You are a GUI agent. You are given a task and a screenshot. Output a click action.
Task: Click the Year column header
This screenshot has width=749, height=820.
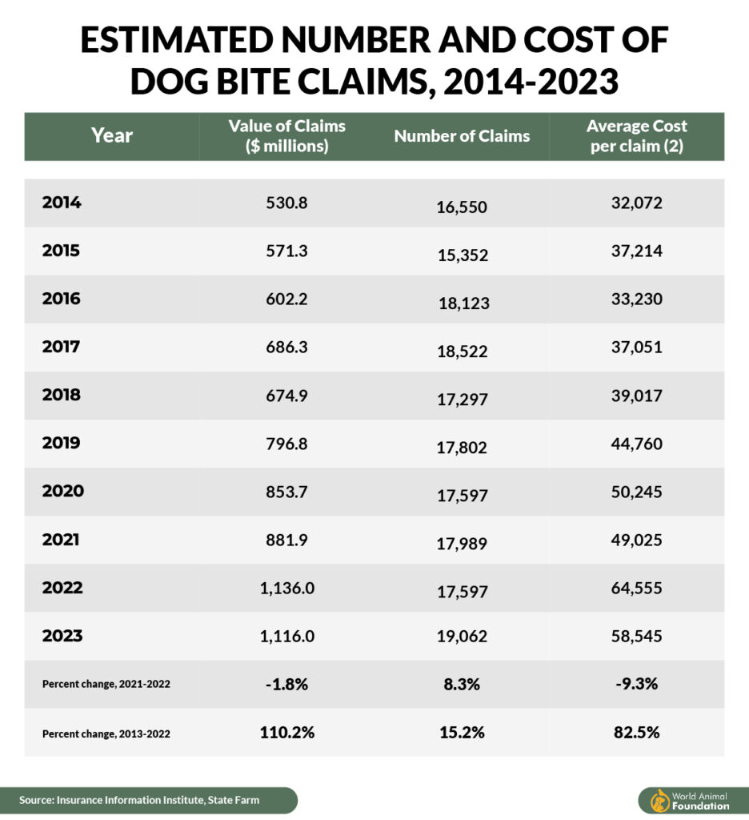coord(112,135)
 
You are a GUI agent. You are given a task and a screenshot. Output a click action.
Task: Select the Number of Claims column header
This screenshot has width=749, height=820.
coord(462,136)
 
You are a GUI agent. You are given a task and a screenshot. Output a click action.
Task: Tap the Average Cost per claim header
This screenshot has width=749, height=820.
coord(636,136)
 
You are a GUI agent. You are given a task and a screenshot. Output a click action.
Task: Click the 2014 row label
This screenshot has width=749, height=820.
coord(62,203)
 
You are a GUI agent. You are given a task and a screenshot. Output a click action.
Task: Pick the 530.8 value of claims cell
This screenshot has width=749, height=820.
coord(286,203)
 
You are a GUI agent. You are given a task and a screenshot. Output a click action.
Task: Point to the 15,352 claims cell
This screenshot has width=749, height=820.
coord(462,255)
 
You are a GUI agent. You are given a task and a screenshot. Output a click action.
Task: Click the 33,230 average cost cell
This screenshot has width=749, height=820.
coord(636,299)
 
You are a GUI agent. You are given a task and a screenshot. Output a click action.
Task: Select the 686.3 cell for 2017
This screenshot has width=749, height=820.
coord(286,348)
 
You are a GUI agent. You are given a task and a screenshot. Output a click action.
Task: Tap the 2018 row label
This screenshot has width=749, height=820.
coord(62,396)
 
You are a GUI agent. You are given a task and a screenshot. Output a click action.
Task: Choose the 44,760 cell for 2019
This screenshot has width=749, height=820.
coord(636,444)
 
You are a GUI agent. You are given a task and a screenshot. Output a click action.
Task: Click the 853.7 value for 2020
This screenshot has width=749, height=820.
coord(286,492)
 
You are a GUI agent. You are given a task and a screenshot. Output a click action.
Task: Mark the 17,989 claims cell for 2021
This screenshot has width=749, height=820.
coord(462,545)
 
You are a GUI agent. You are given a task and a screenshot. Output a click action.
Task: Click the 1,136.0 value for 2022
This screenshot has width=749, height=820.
coord(286,588)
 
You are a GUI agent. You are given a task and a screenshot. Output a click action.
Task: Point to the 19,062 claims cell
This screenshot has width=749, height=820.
coord(462,641)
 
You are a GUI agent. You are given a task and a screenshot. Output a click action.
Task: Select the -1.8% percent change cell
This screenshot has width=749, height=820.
coord(286,685)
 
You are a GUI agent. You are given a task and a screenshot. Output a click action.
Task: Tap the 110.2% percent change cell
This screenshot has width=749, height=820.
coord(286,733)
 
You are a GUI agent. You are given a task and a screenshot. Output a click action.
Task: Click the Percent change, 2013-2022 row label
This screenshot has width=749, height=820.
coord(106,733)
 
